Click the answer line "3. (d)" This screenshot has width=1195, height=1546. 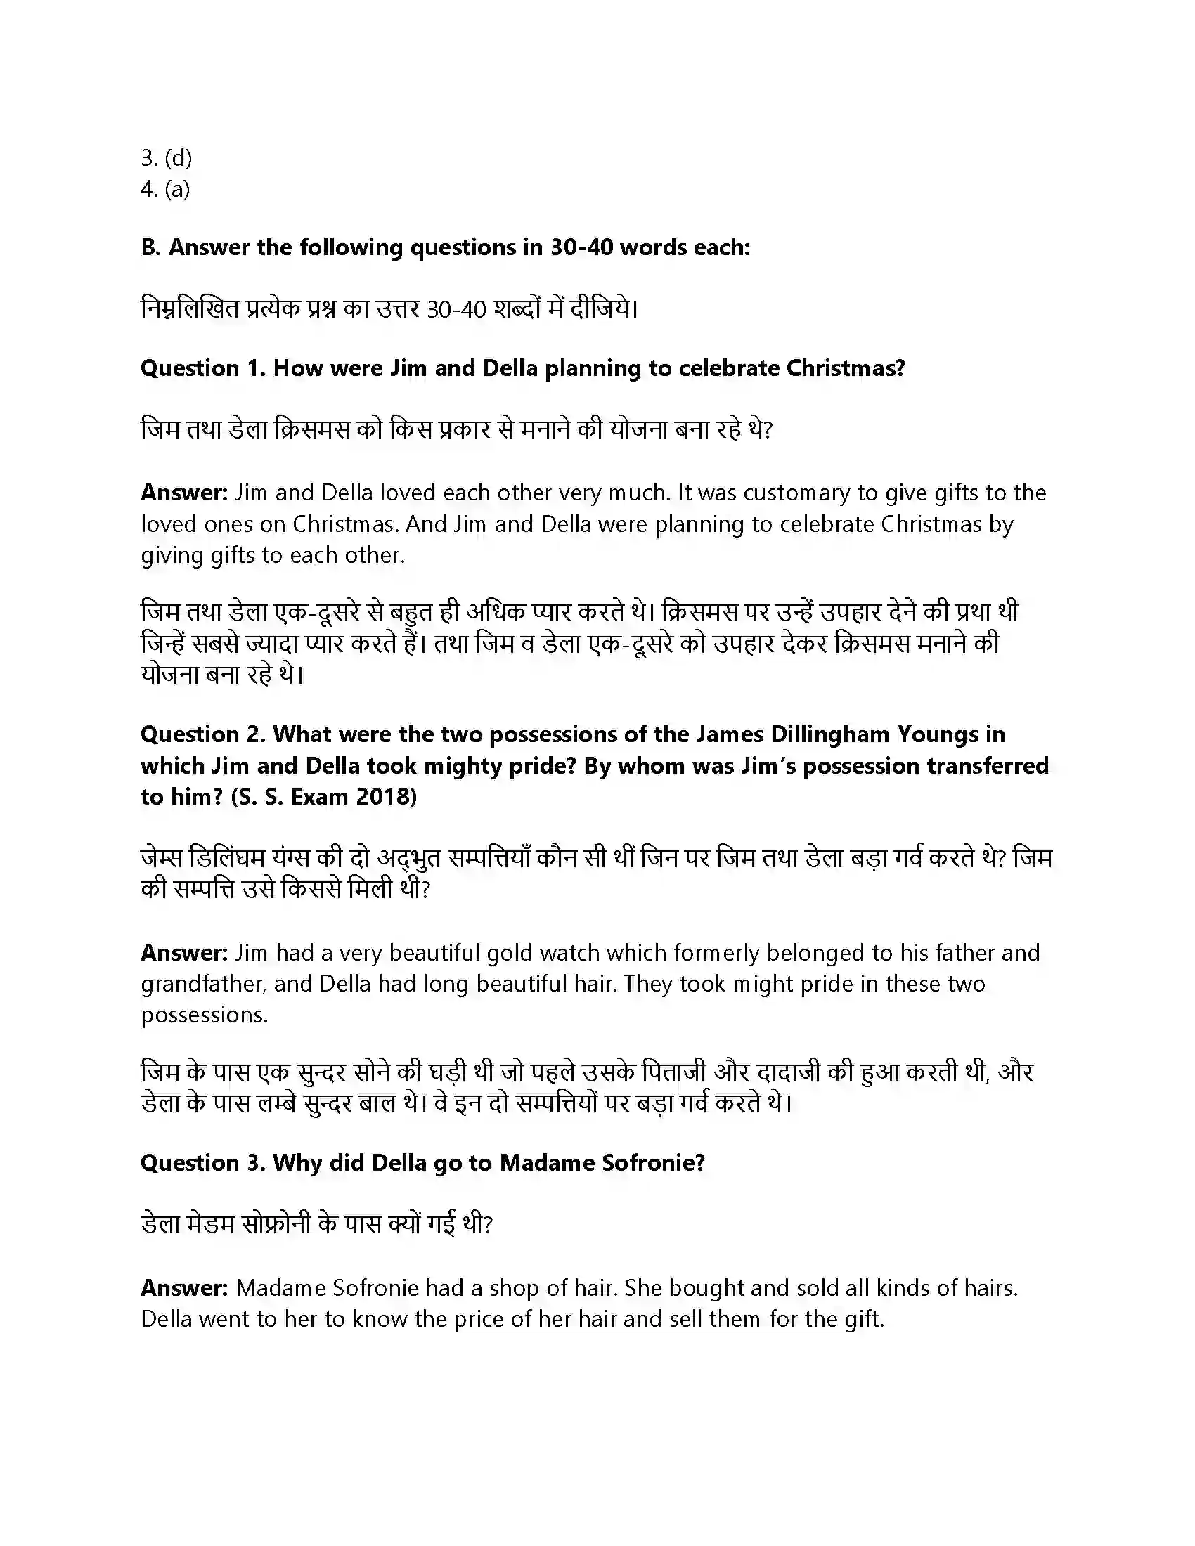pos(166,157)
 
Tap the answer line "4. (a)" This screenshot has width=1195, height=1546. pos(165,189)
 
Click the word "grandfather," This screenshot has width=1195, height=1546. pos(203,984)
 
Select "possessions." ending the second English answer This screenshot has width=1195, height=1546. pos(204,1015)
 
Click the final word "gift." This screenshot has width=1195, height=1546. pos(865,1319)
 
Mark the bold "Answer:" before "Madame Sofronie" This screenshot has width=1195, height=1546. pos(184,1287)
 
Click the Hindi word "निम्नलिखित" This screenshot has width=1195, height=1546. pos(190,309)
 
